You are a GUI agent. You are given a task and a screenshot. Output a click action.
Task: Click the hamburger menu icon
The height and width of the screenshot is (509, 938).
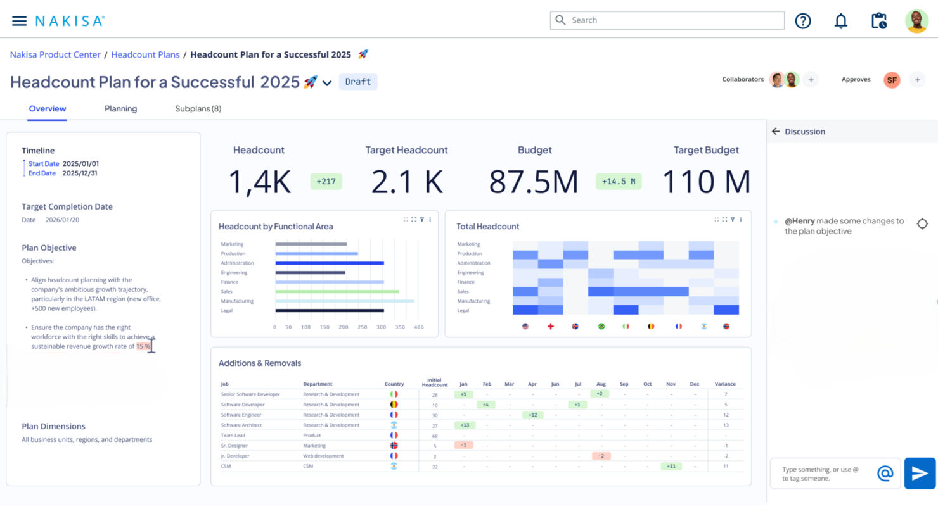[19, 21]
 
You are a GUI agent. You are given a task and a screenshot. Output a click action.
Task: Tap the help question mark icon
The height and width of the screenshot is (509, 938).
[803, 21]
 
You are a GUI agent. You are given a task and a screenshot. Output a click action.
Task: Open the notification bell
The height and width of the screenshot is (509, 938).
[841, 21]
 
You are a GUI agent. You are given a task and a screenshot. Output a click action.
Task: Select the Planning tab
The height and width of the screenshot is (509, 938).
[120, 109]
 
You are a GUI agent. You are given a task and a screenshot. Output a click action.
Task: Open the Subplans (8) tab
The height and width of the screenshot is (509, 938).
[198, 109]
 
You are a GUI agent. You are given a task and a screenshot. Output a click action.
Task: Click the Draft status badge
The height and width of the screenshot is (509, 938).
[358, 82]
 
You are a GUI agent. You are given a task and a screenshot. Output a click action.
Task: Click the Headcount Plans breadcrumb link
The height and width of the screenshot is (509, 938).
[145, 55]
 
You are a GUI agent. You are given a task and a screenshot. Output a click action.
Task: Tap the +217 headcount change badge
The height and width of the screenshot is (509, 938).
[326, 182]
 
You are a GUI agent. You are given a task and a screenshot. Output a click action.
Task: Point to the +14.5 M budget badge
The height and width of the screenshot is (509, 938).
[619, 182]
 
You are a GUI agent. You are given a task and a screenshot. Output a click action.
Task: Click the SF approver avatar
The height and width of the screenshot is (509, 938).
[892, 80]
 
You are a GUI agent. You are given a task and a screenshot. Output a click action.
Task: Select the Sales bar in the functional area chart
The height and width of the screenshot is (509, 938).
[337, 291]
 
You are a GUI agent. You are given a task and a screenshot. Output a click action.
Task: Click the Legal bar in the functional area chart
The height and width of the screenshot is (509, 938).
[330, 310]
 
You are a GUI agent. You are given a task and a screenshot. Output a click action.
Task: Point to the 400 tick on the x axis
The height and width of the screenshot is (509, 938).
[419, 327]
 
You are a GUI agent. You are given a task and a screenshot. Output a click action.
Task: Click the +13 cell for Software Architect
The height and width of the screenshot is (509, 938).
[465, 425]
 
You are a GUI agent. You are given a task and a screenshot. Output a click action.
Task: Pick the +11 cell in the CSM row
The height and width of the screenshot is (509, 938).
[671, 467]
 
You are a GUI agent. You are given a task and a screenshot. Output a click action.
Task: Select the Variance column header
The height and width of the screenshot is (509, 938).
[725, 384]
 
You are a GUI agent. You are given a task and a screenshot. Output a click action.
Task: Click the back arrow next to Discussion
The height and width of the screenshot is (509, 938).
[776, 131]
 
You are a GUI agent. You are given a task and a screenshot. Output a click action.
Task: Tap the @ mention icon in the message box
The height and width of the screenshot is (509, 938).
[885, 474]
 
